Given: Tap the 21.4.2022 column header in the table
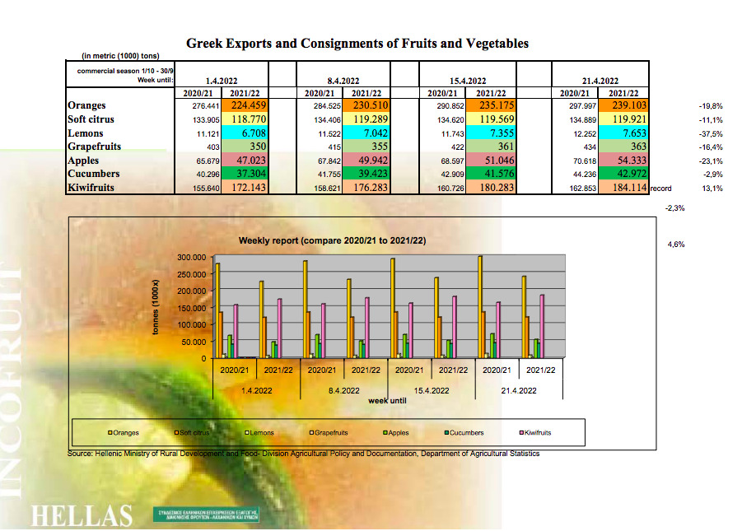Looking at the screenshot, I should point(600,81).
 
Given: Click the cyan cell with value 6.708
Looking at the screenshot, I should point(250,133).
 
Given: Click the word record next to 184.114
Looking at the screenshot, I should point(661,189).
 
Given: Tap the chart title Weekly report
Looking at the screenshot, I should point(331,240).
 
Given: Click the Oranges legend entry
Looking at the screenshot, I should point(124,432).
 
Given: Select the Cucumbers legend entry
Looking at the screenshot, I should point(464,432).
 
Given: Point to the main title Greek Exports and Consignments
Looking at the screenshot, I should point(357,44).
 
